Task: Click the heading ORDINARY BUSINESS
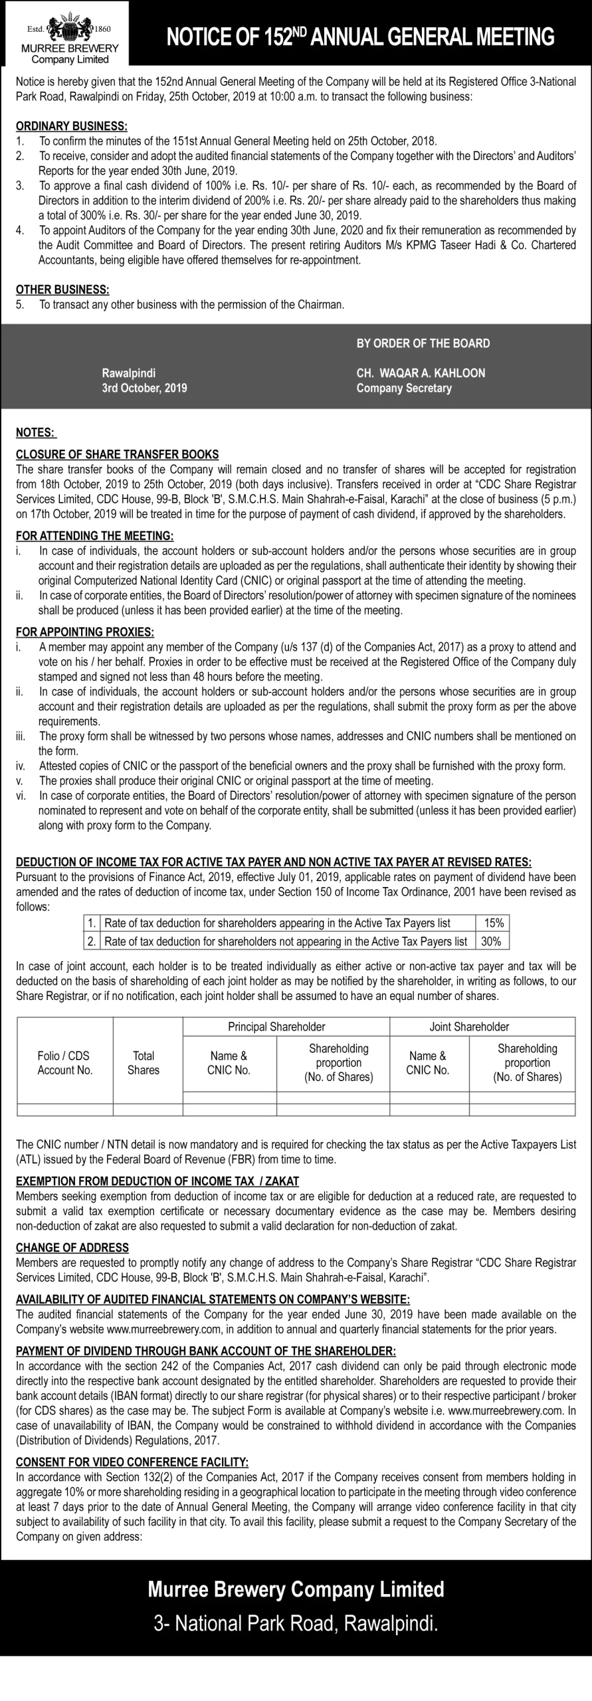(x=72, y=126)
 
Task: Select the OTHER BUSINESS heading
(x=62, y=290)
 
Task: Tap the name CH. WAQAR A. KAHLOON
(x=421, y=373)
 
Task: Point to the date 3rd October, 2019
(x=144, y=388)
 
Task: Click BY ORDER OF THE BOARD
(x=423, y=344)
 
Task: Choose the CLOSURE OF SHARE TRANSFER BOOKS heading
(x=117, y=454)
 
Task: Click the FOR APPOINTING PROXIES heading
(x=85, y=632)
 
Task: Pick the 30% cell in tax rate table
(x=491, y=942)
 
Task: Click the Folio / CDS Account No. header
(x=65, y=1062)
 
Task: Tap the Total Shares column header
(x=144, y=1062)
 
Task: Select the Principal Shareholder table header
(x=276, y=1027)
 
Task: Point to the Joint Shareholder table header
(x=469, y=1027)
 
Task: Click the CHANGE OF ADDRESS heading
(x=72, y=1248)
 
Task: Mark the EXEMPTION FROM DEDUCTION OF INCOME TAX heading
(x=157, y=1181)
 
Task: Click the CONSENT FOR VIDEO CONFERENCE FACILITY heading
(x=132, y=1462)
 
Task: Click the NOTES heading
(x=36, y=433)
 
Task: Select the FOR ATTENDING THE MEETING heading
(x=94, y=536)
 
